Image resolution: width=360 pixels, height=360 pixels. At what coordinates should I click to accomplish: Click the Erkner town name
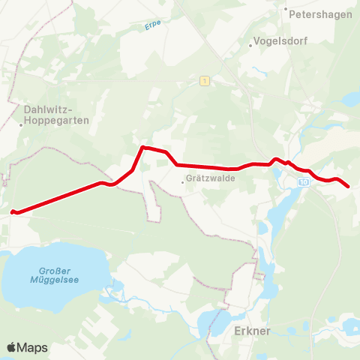250,331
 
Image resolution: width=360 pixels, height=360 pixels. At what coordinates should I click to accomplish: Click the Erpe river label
153,27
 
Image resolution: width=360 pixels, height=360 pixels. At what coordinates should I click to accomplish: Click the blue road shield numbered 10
303,182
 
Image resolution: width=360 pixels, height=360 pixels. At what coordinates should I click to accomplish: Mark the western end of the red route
13,211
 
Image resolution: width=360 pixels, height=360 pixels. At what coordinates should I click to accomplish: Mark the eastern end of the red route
348,187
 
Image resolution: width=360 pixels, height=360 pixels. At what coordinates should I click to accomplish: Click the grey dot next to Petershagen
286,10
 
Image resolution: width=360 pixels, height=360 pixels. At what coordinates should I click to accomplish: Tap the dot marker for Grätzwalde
184,179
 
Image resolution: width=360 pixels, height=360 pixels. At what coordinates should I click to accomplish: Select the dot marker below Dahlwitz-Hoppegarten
22,125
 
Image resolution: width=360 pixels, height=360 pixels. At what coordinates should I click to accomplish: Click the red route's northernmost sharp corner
142,147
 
